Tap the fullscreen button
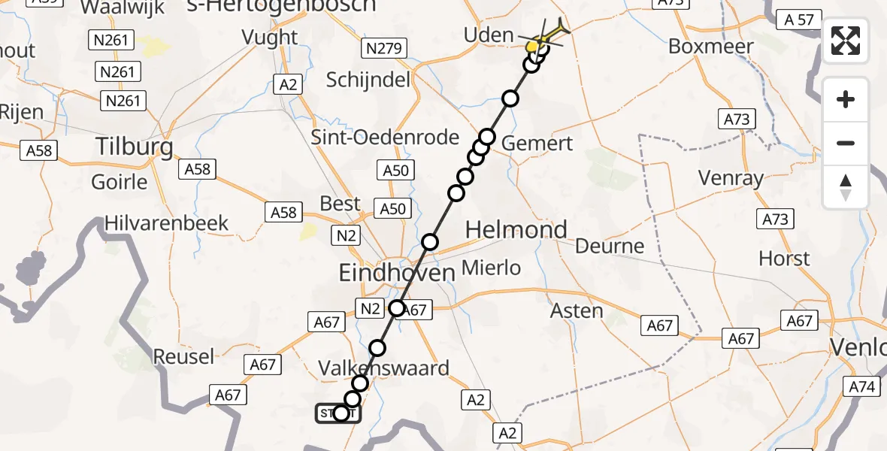click(x=846, y=41)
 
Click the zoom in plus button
click(x=846, y=99)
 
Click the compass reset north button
click(x=846, y=187)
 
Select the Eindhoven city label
click(x=397, y=272)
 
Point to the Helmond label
click(x=516, y=230)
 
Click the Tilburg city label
click(x=135, y=147)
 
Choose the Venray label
click(x=731, y=179)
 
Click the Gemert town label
click(x=537, y=143)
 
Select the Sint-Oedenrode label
click(x=395, y=138)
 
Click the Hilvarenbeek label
click(x=167, y=223)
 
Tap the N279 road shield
click(x=384, y=50)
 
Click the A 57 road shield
click(x=798, y=20)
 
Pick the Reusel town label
click(x=183, y=356)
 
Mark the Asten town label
click(x=577, y=310)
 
